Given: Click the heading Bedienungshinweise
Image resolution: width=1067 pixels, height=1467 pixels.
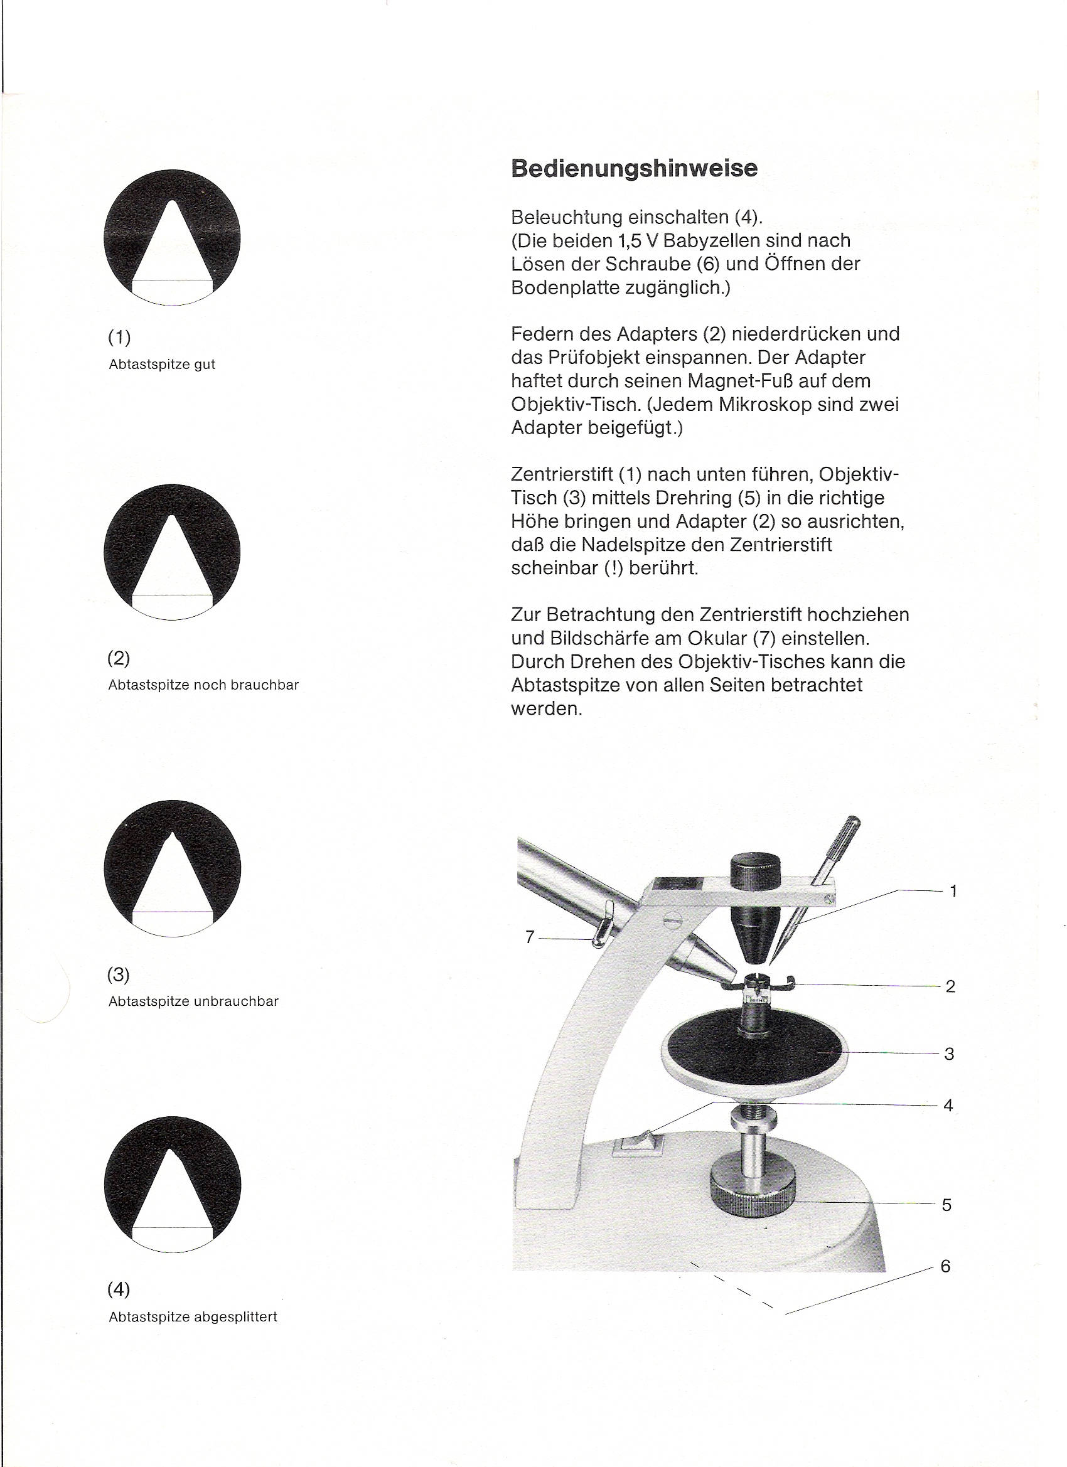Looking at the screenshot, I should [x=633, y=168].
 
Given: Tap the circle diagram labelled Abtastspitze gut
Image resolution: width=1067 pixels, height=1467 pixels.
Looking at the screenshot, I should [x=172, y=237].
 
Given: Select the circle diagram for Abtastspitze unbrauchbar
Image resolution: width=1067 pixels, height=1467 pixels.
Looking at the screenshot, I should [x=172, y=868].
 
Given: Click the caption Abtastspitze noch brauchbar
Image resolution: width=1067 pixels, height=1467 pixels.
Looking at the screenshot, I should [x=203, y=685].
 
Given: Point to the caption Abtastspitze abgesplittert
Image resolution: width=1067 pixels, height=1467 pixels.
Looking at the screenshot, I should [x=193, y=1317].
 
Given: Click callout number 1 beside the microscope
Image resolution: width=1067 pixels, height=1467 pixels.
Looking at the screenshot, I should [x=953, y=892].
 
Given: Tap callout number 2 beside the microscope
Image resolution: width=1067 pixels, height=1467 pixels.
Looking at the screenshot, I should [x=950, y=986].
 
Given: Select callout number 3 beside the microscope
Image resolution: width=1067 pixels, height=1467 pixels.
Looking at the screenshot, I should [x=948, y=1054].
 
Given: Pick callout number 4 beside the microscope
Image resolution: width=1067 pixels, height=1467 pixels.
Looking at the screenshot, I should [x=948, y=1106].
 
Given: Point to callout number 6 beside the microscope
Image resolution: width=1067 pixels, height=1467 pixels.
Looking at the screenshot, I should [x=945, y=1266].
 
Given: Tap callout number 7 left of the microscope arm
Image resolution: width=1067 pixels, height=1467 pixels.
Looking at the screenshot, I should [x=530, y=937].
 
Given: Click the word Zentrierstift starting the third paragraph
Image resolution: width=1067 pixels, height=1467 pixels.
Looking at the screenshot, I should [x=562, y=474].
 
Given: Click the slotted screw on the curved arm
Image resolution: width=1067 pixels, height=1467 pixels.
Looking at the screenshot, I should [x=673, y=919].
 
